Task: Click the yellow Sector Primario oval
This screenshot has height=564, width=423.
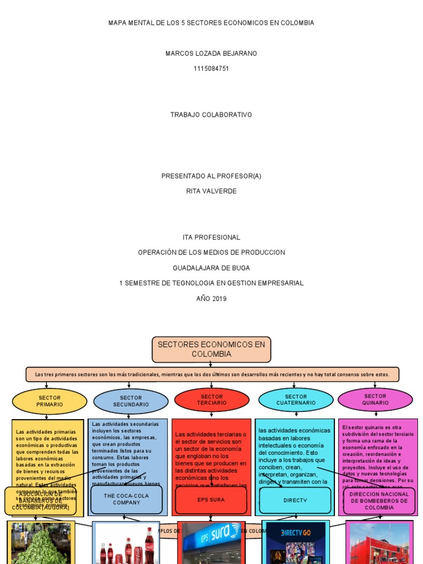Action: tap(50, 401)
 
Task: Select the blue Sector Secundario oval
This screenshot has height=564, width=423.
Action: tap(131, 401)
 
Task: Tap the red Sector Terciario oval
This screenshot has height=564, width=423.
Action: tap(211, 400)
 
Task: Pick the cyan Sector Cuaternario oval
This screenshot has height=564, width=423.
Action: tap(296, 400)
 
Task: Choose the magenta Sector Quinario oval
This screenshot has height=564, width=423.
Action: tap(375, 399)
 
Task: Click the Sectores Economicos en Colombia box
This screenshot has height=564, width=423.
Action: tap(211, 349)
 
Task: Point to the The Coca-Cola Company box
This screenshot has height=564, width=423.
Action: tap(127, 499)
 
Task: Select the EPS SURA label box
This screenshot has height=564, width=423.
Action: tap(211, 500)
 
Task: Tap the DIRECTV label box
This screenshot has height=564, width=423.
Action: tap(295, 500)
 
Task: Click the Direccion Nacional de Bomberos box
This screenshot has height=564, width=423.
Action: tap(379, 501)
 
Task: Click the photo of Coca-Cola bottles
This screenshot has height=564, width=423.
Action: tap(126, 543)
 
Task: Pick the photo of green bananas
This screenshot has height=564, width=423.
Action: tap(40, 543)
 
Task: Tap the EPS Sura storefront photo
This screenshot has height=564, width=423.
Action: tap(211, 543)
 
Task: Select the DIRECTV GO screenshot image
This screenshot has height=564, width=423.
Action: tap(295, 543)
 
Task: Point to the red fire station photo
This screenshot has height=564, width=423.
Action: tap(379, 543)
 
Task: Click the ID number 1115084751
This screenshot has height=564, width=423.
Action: tap(211, 69)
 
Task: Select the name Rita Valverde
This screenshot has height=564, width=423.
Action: tap(211, 191)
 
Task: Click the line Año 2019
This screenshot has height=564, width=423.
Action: tap(211, 299)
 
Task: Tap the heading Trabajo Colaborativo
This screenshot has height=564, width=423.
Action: tap(211, 115)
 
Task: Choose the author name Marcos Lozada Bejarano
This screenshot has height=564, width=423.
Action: tap(211, 53)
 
